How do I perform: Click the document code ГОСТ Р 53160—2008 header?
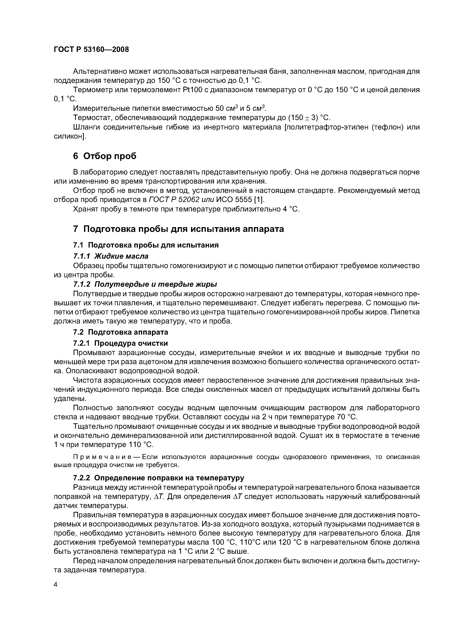click(x=91, y=50)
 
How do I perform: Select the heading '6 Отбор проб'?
click(x=105, y=156)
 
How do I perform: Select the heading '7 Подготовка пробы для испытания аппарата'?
click(x=178, y=229)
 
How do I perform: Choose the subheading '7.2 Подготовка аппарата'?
click(x=121, y=332)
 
